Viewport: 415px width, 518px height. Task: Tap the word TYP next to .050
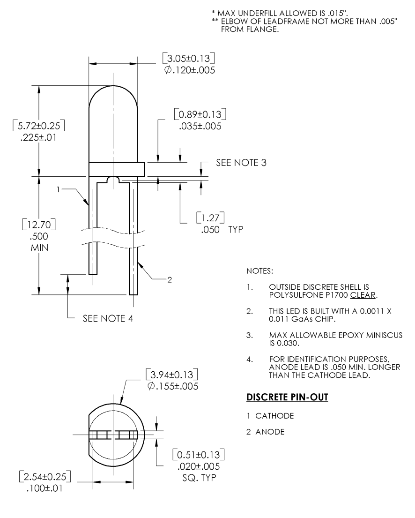[234, 230]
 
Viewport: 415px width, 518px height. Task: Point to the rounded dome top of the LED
[113, 89]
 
